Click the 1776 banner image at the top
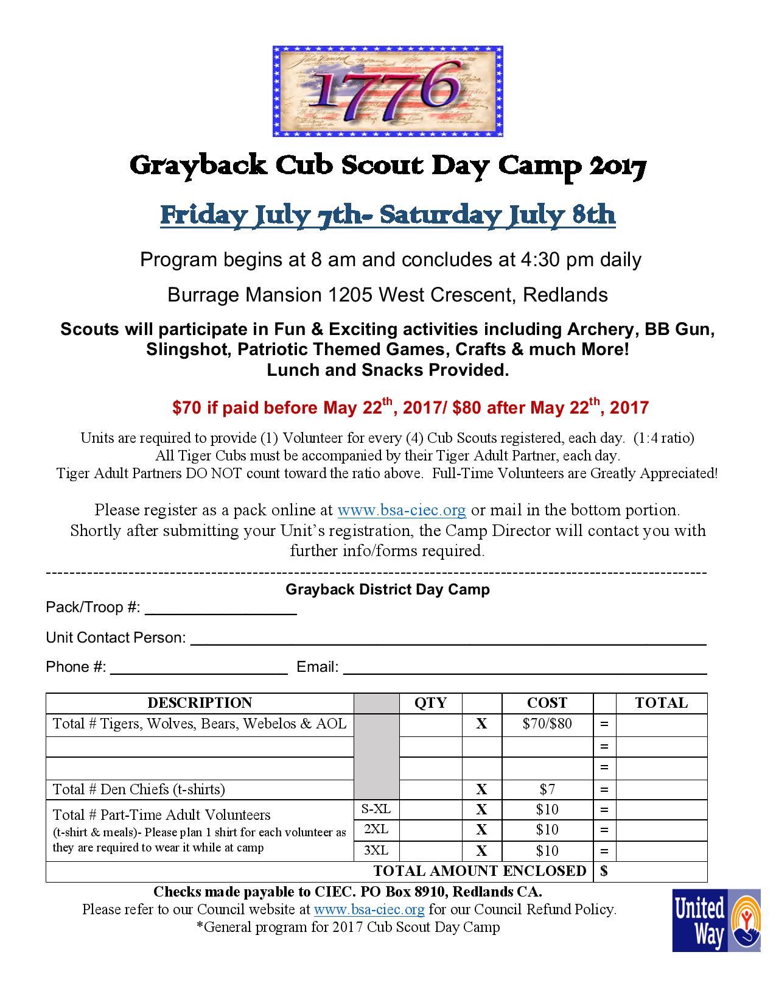[388, 91]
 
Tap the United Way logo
[716, 920]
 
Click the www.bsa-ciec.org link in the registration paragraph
[402, 510]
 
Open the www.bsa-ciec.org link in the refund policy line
[369, 909]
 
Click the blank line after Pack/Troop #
[220, 609]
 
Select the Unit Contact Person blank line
[448, 639]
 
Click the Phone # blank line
[198, 668]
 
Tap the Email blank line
[525, 668]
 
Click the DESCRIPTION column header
[200, 703]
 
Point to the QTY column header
[430, 703]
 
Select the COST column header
[547, 703]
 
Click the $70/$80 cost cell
[547, 724]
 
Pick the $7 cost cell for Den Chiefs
[547, 790]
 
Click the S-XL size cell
[376, 809]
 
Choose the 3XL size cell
[376, 851]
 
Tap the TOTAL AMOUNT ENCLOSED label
[480, 871]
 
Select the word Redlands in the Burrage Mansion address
[565, 295]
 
